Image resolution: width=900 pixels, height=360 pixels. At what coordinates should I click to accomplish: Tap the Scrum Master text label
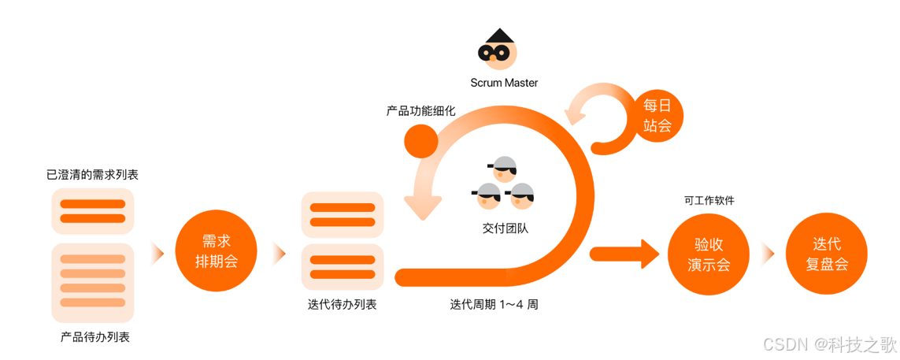tap(504, 82)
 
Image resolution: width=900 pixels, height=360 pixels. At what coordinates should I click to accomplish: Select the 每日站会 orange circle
tap(658, 115)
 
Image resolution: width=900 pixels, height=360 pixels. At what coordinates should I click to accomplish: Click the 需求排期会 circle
tap(216, 251)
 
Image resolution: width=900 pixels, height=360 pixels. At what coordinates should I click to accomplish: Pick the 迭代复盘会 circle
tap(827, 254)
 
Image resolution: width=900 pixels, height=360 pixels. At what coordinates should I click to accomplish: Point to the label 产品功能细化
tap(420, 111)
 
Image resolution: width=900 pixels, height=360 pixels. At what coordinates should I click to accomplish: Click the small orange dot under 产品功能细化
tap(420, 141)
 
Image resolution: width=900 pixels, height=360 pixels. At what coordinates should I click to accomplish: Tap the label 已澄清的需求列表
tap(92, 174)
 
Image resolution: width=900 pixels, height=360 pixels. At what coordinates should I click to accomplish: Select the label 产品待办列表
tap(94, 337)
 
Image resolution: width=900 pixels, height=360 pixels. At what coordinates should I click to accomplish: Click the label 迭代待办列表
tap(342, 304)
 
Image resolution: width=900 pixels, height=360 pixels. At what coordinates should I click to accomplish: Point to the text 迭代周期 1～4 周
tap(494, 304)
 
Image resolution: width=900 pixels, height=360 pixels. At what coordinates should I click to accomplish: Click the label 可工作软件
tap(709, 201)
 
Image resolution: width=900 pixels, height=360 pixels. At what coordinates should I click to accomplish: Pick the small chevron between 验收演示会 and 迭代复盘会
tap(768, 254)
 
